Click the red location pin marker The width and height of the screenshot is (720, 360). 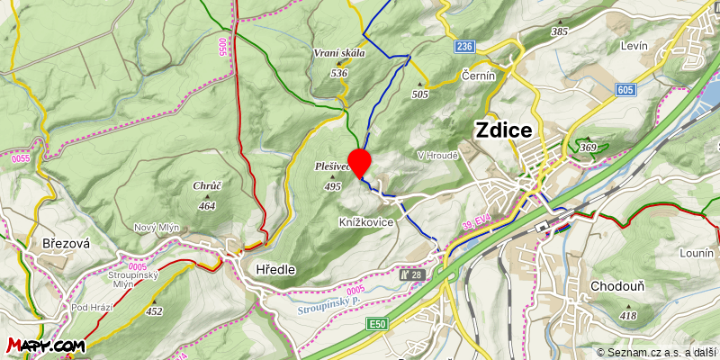tap(360, 162)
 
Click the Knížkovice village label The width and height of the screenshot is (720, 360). tap(366, 221)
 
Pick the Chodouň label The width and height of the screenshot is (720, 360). tap(616, 286)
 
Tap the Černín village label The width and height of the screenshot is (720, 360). tap(479, 76)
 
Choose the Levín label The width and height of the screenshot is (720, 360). tap(635, 44)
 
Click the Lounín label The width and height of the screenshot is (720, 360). tap(697, 254)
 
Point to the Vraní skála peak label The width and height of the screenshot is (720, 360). tap(339, 53)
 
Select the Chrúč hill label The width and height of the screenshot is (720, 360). tap(207, 186)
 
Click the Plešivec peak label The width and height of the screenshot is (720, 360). tap(332, 166)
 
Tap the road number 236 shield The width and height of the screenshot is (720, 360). tap(463, 46)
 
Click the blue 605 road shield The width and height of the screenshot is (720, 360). tap(626, 90)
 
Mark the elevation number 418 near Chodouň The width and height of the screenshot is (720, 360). tap(627, 316)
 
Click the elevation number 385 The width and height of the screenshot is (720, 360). tap(560, 31)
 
